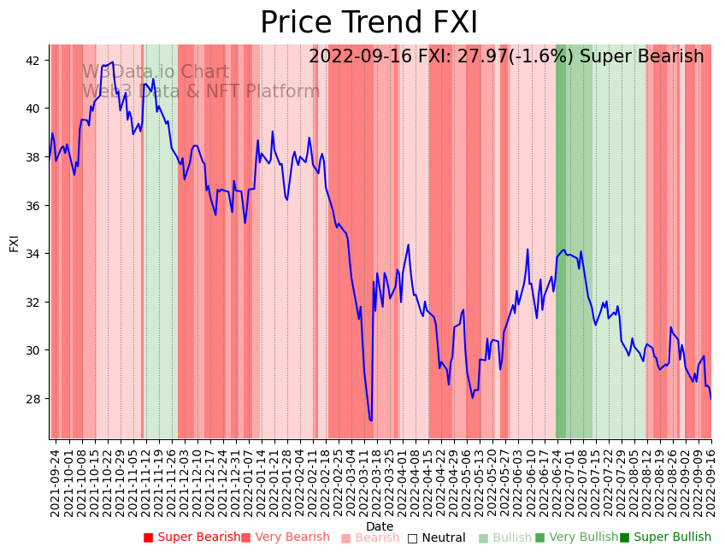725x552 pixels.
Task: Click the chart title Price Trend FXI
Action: (x=368, y=23)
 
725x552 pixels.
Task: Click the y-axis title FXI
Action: (x=14, y=242)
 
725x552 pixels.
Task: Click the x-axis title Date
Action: (x=380, y=526)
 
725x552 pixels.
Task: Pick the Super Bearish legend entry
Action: (x=192, y=537)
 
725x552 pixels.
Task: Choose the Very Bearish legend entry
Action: (x=285, y=537)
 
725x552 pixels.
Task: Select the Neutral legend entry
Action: (x=436, y=537)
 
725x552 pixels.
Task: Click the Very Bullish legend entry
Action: (x=576, y=537)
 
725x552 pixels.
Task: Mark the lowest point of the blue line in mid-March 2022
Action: (x=371, y=420)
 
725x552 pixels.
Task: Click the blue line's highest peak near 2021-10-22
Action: (x=113, y=62)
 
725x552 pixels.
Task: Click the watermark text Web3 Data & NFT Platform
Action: (x=201, y=91)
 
